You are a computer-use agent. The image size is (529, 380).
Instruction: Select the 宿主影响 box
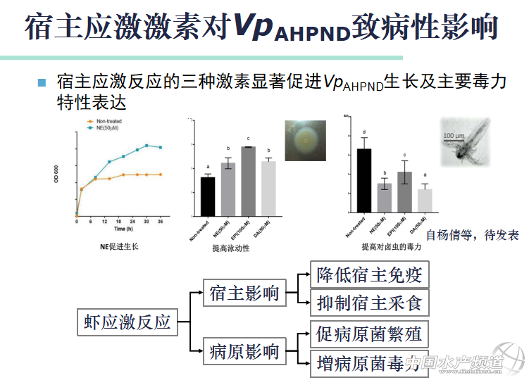tap(244, 294)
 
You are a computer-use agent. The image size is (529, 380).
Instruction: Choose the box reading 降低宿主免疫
tap(369, 274)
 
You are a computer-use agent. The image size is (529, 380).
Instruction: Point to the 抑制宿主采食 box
tap(369, 303)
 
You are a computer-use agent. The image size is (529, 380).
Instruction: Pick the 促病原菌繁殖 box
tap(369, 334)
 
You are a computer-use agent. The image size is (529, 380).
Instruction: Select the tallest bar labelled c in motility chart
tap(248, 180)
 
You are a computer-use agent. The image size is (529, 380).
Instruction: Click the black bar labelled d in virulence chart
tap(364, 180)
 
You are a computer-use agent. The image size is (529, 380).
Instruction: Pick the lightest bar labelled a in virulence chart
tap(424, 200)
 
